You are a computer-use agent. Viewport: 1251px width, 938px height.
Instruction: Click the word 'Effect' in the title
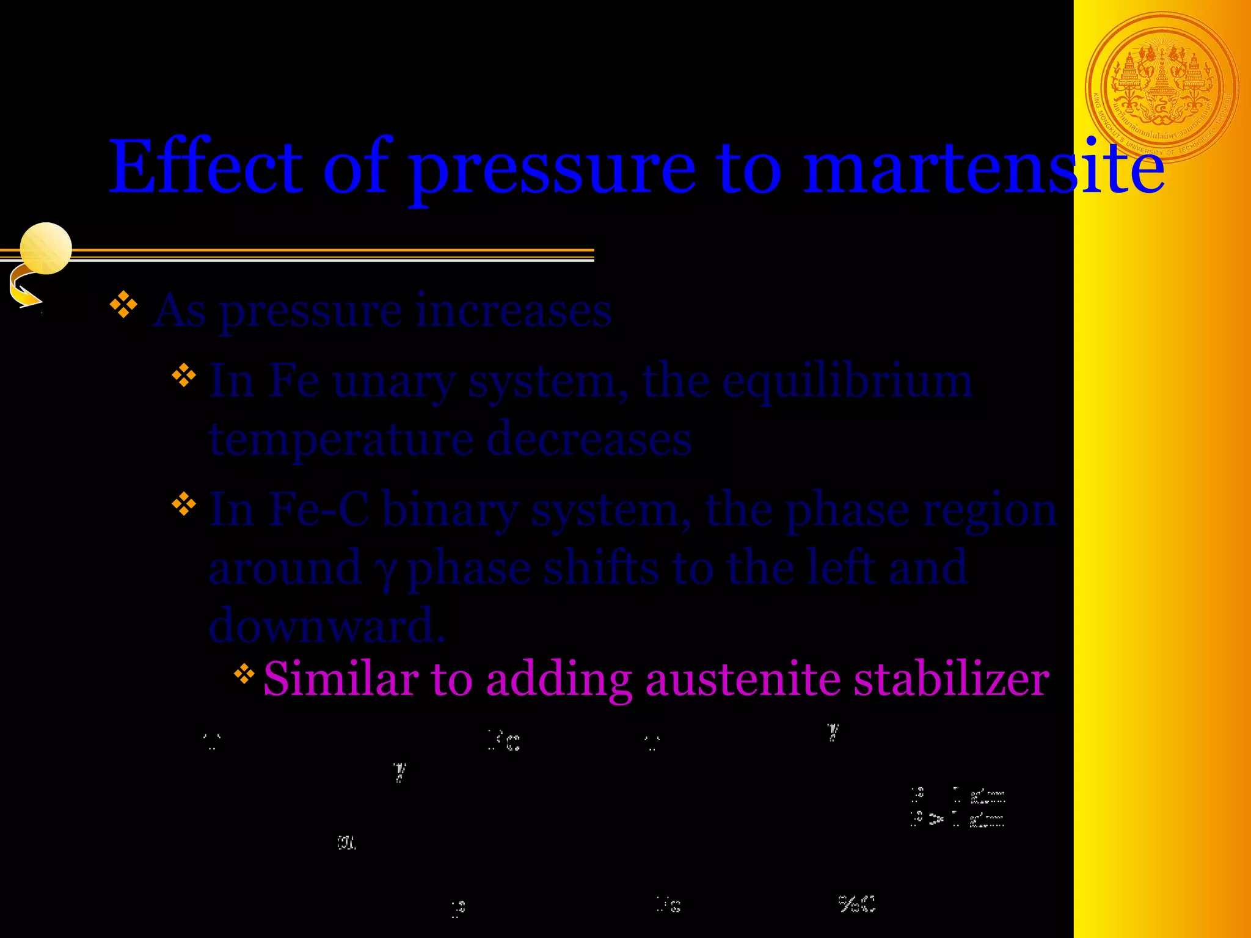[206, 166]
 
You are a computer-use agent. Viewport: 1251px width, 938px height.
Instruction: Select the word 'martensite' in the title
[983, 166]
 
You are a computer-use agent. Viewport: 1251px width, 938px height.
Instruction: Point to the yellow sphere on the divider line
[46, 248]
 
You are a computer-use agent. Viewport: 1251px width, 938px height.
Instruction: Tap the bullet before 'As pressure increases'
[123, 305]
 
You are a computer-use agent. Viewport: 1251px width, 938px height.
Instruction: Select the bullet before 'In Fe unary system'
[183, 376]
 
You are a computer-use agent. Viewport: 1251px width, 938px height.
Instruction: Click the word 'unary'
[395, 381]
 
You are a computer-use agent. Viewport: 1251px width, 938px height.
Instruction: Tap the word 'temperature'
[341, 440]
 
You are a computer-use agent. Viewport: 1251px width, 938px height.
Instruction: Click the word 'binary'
[451, 510]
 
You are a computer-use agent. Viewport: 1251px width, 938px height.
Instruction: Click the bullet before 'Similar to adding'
[244, 674]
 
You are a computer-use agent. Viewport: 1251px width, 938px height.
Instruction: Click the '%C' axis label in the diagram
[856, 904]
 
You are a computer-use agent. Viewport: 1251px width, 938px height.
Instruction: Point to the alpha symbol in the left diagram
[346, 843]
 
